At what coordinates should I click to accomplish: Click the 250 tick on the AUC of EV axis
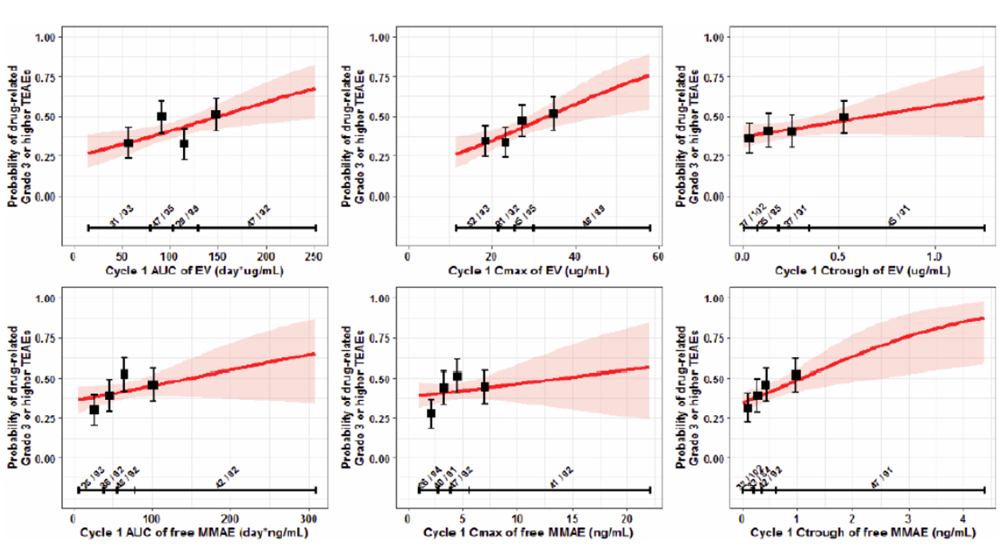(x=315, y=257)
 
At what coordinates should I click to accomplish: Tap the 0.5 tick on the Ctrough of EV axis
(x=839, y=257)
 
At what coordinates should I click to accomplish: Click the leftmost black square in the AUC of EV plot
(x=127, y=143)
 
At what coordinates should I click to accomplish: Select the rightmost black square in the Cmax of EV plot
(x=553, y=113)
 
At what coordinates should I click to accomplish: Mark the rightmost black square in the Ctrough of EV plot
(x=843, y=118)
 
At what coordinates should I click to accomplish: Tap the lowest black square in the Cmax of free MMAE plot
(x=431, y=414)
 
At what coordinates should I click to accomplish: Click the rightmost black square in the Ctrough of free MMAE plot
(x=796, y=374)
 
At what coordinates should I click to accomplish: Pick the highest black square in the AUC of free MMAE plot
(x=123, y=374)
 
